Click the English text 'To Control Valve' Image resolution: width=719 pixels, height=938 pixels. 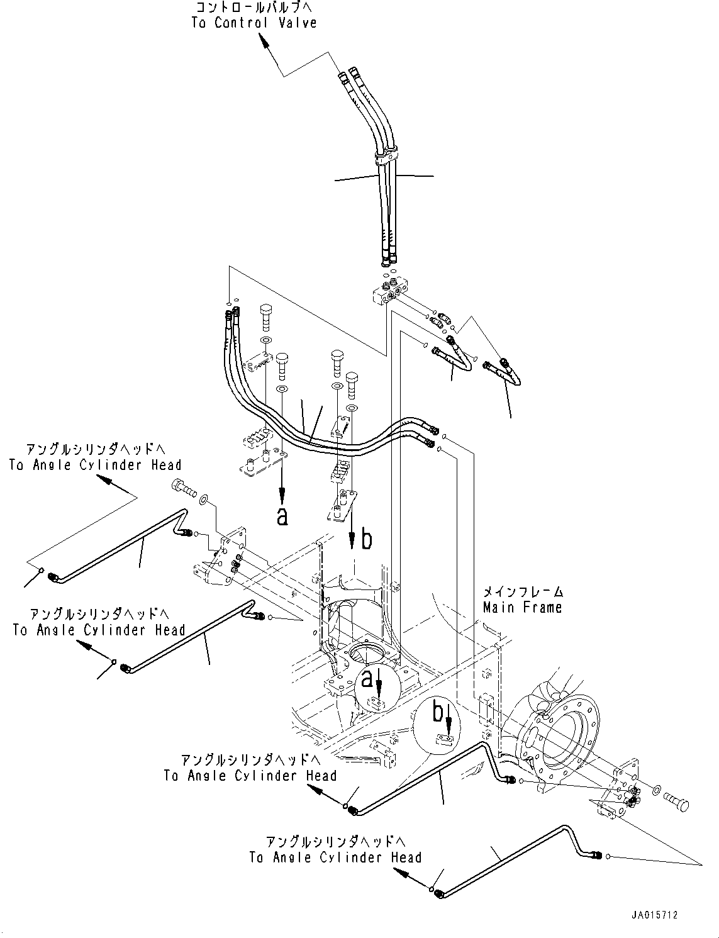coord(254,23)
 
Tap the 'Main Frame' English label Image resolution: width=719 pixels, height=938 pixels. coord(522,607)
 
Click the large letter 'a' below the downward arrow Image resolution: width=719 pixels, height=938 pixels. coord(282,516)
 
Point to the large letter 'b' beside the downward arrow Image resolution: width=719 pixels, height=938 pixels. coord(366,540)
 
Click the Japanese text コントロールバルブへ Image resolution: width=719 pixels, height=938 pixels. coord(254,7)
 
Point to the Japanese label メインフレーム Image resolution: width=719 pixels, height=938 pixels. coord(523,592)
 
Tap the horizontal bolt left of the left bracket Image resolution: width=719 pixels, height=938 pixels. coord(184,489)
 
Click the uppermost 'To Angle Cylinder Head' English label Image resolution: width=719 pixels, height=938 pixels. coord(96,465)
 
